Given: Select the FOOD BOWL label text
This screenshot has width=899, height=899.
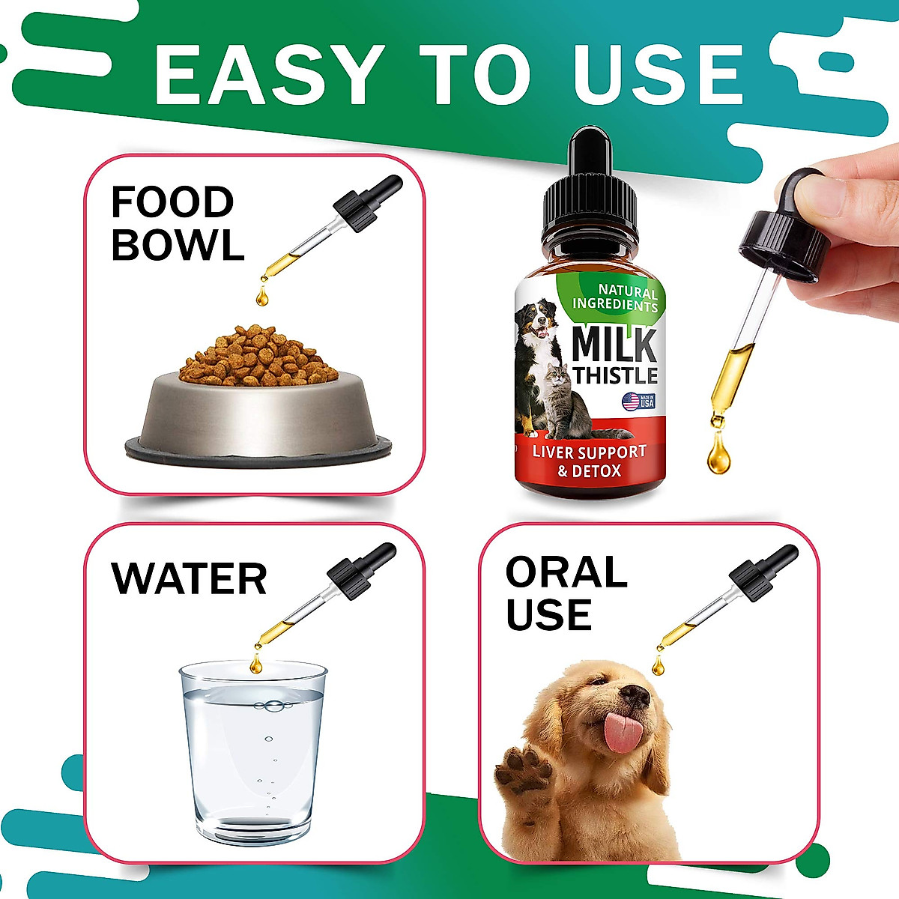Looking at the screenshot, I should pos(178,223).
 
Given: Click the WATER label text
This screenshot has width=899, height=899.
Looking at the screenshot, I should pos(189,578).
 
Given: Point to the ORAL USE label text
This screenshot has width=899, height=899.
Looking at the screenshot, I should pos(566,593).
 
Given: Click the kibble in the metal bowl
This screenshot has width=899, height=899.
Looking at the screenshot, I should pos(258,356).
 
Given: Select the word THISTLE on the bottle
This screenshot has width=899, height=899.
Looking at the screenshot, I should pos(615,375).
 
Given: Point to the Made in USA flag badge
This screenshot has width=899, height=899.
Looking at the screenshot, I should pos(638,401).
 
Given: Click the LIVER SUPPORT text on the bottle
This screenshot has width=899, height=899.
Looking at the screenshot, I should pos(589,452).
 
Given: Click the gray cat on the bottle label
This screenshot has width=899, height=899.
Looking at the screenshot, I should pos(569,401).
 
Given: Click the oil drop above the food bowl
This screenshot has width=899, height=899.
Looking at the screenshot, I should pos(261,295).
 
